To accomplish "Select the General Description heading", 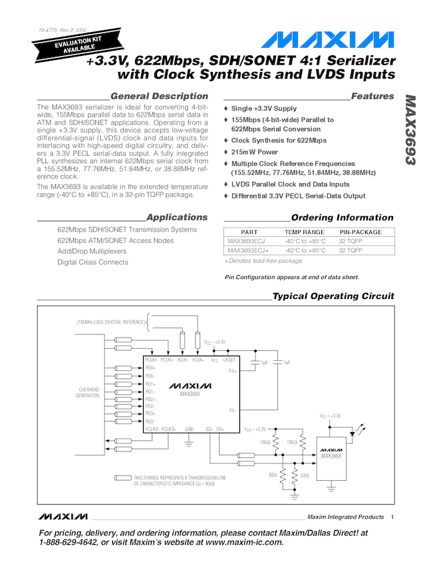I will [159, 97].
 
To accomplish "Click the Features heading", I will [372, 97].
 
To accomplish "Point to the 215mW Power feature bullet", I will [255, 152].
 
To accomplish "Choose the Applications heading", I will [177, 218].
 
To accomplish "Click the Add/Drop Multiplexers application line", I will [92, 252].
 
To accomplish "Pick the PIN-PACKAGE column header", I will [361, 232].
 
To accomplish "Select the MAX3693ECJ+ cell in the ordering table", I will [248, 251].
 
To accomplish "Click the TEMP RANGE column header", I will [305, 232].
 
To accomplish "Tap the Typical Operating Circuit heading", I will [333, 296].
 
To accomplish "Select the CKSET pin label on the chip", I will [229, 360].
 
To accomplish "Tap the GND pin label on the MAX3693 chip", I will [189, 429].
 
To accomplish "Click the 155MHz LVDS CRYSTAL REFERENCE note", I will [110, 322].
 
